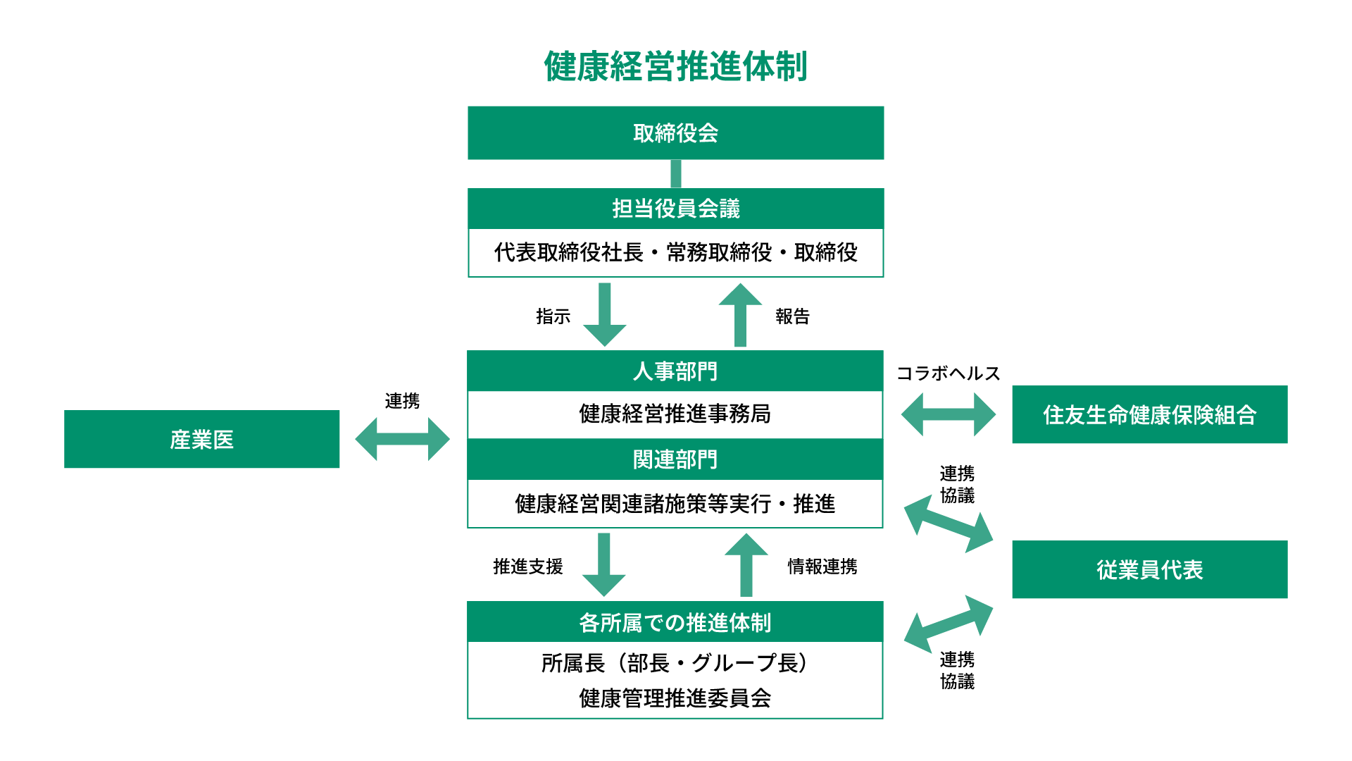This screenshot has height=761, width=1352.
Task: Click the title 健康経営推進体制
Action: tap(675, 67)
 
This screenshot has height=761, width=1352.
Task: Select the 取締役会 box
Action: tap(675, 133)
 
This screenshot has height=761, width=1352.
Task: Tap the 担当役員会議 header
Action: tap(675, 209)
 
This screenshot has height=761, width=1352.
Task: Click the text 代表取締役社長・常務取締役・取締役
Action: tap(675, 252)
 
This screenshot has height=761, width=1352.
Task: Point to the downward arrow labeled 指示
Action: tap(605, 314)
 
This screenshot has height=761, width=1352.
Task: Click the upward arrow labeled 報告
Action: tap(740, 314)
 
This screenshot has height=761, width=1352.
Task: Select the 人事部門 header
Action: tap(675, 371)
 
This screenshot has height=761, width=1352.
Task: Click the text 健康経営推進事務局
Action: tap(675, 414)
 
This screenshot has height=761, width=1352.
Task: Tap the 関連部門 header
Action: tap(675, 459)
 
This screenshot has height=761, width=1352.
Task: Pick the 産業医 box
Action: tap(201, 439)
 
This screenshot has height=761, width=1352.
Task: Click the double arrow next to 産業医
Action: tap(402, 439)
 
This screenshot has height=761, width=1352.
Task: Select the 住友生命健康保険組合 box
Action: tap(1149, 414)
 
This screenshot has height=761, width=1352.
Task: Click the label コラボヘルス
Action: tap(948, 373)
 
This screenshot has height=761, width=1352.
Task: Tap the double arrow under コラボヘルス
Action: tap(948, 414)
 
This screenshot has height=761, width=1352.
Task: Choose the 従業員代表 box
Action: tap(1149, 569)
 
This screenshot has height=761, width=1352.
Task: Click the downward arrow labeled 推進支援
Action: tap(604, 564)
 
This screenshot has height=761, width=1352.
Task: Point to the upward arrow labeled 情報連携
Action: tap(746, 564)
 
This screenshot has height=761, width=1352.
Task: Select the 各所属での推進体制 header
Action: tap(675, 622)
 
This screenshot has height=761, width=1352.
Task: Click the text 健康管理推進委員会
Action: tap(675, 698)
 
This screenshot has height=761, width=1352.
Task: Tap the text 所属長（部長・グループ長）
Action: tap(675, 663)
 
